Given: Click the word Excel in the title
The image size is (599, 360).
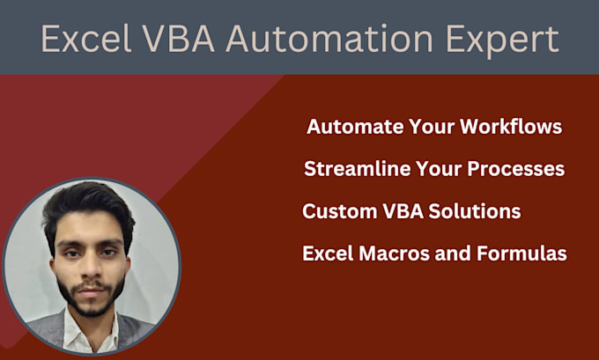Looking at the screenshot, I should (x=81, y=40).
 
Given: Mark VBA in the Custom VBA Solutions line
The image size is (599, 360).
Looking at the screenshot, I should (x=396, y=211).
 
